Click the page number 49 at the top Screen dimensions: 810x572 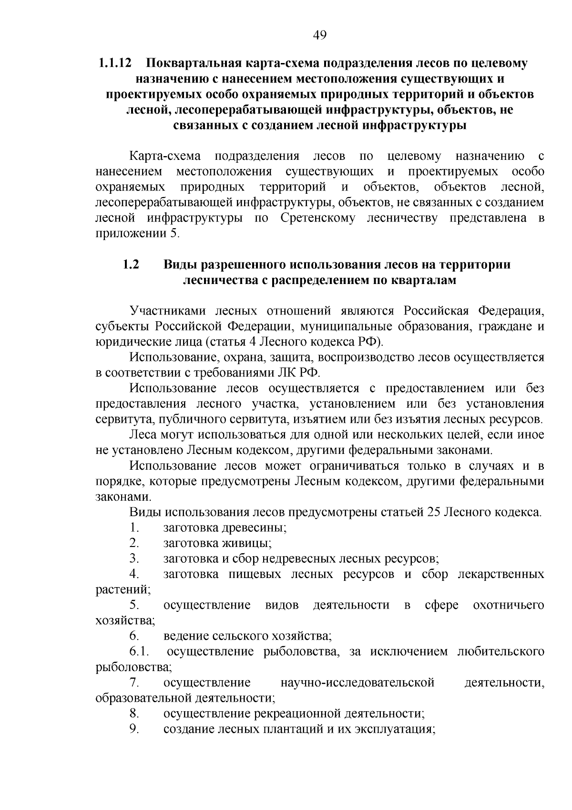pyautogui.click(x=320, y=35)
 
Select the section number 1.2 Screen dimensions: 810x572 pyautogui.click(x=131, y=264)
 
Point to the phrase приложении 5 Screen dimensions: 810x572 pyautogui.click(x=138, y=233)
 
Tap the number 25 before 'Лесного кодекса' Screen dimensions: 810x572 pyautogui.click(x=433, y=512)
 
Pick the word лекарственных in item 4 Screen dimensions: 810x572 pyautogui.click(x=500, y=574)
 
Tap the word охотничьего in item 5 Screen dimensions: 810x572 pyautogui.click(x=508, y=605)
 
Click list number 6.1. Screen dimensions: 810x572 pyautogui.click(x=139, y=652)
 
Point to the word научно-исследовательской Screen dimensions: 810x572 pyautogui.click(x=358, y=683)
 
